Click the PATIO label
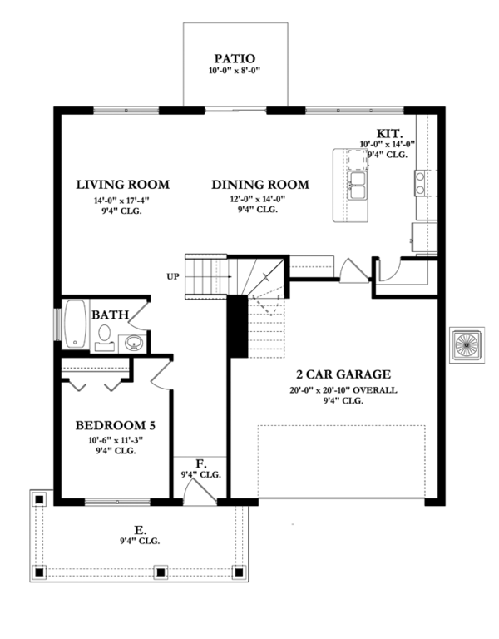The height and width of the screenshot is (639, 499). pyautogui.click(x=235, y=58)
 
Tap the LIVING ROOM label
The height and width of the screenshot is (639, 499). pyautogui.click(x=122, y=185)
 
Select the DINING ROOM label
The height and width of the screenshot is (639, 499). pyautogui.click(x=259, y=185)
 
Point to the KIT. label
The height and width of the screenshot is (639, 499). pyautogui.click(x=390, y=133)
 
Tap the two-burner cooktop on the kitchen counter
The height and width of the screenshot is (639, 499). pyautogui.click(x=422, y=182)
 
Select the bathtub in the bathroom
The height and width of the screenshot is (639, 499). pyautogui.click(x=76, y=324)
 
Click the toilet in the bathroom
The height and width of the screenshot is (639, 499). pyautogui.click(x=105, y=335)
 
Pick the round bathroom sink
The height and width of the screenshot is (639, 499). pyautogui.click(x=133, y=341)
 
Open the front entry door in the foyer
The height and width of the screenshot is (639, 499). pyautogui.click(x=197, y=491)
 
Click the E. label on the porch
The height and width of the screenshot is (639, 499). pyautogui.click(x=140, y=528)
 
